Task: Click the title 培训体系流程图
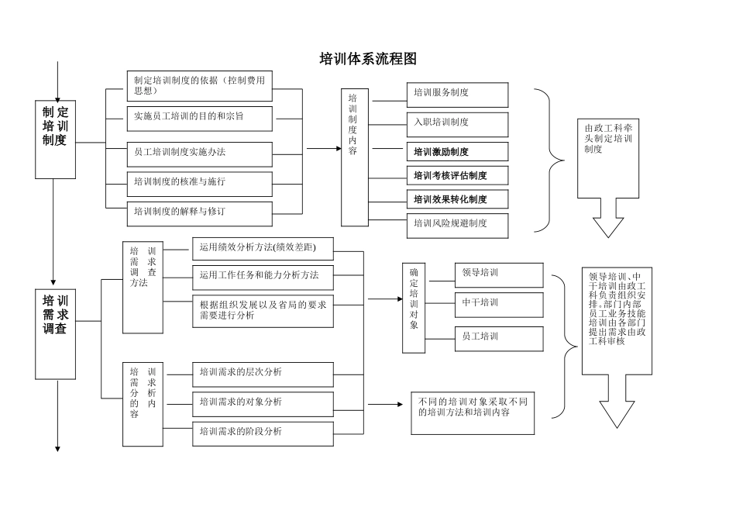click(x=368, y=59)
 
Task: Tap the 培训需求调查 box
click(x=55, y=334)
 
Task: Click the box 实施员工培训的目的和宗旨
click(x=199, y=118)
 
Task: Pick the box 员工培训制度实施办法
click(x=199, y=154)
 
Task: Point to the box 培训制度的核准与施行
click(x=199, y=183)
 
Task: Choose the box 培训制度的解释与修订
click(x=199, y=212)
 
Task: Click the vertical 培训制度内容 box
click(x=354, y=157)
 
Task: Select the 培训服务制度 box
click(x=457, y=95)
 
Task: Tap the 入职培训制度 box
click(x=457, y=124)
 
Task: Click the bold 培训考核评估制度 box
click(x=457, y=175)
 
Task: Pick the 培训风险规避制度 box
click(x=457, y=225)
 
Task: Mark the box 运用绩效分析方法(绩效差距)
click(x=263, y=249)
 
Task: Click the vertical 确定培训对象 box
click(x=414, y=309)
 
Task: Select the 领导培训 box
click(x=498, y=274)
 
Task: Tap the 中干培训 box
click(x=498, y=304)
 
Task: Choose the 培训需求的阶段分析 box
click(x=263, y=433)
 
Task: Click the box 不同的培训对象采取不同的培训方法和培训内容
click(x=473, y=412)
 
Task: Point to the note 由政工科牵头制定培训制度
click(x=607, y=159)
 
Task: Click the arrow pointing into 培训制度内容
click(x=324, y=148)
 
